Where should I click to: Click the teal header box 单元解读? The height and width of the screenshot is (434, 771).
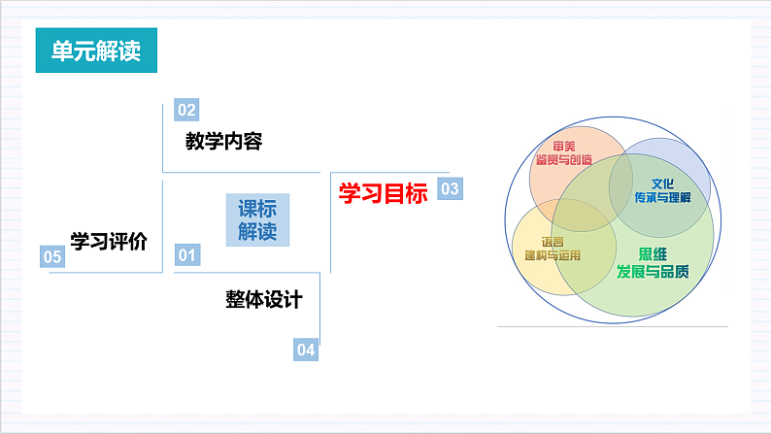[x=96, y=51]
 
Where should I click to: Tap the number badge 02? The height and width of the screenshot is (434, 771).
[x=185, y=109]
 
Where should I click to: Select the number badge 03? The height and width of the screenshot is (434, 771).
[x=450, y=189]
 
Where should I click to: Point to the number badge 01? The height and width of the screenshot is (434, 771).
[x=185, y=255]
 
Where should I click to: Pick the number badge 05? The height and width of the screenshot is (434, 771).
[x=51, y=256]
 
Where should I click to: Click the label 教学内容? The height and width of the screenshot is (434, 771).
[x=223, y=142]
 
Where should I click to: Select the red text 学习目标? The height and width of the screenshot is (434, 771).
[x=383, y=193]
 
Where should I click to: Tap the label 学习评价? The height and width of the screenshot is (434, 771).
[x=108, y=241]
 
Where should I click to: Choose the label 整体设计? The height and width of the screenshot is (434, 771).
[x=262, y=299]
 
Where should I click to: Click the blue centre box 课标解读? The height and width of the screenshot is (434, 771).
[x=257, y=220]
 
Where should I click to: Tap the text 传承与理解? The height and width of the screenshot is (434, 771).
[x=662, y=197]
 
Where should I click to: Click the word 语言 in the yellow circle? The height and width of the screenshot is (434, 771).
[x=552, y=242]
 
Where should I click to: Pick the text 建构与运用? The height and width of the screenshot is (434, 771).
[x=552, y=256]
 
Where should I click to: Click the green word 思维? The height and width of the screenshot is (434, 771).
[x=653, y=254]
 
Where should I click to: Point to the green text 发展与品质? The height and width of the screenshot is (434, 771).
[x=653, y=271]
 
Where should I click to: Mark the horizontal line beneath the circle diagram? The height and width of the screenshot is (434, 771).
[x=612, y=327]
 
